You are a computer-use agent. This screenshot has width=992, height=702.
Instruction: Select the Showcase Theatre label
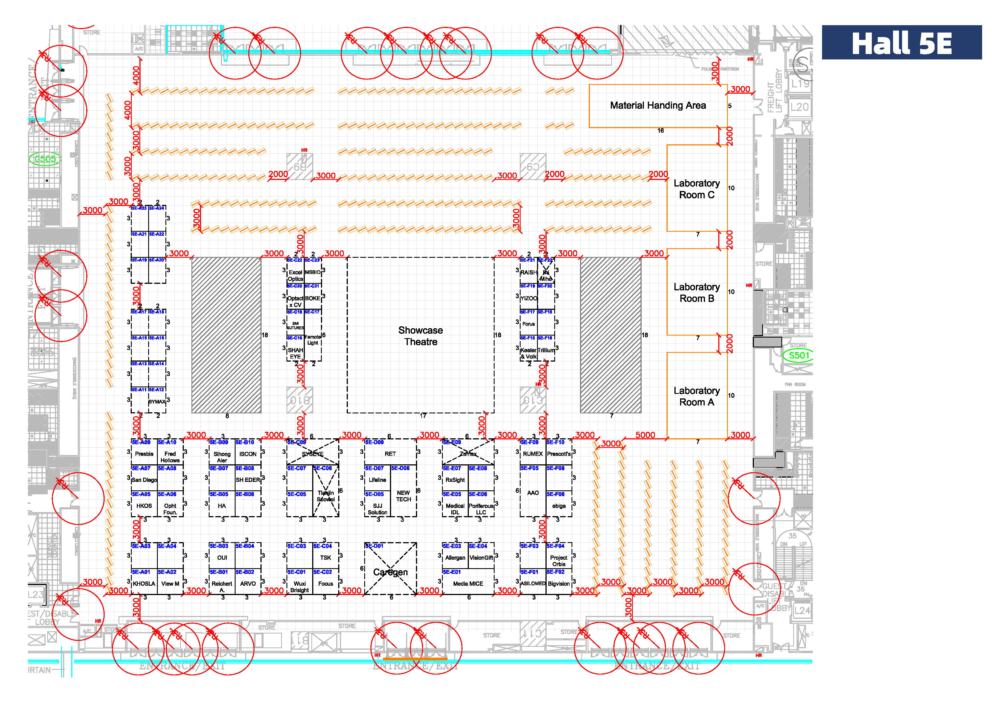coord(420,336)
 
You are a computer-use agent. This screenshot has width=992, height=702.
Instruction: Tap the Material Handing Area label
coord(657,106)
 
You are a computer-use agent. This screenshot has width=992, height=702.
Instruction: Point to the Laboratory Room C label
coord(696,189)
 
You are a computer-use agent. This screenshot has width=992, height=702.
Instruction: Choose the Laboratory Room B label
coord(696,293)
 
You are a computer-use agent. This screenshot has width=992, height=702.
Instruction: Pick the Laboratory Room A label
coord(696,396)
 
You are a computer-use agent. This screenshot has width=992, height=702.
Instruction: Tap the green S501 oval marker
coord(799,355)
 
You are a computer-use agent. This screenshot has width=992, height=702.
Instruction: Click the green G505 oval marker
coord(45,159)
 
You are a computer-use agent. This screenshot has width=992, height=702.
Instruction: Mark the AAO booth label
coord(533,493)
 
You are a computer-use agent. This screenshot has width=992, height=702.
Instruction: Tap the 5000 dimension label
coord(645,435)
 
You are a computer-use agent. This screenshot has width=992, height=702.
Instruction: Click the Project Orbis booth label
coord(559,561)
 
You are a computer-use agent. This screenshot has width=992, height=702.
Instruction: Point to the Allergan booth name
coord(455,558)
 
